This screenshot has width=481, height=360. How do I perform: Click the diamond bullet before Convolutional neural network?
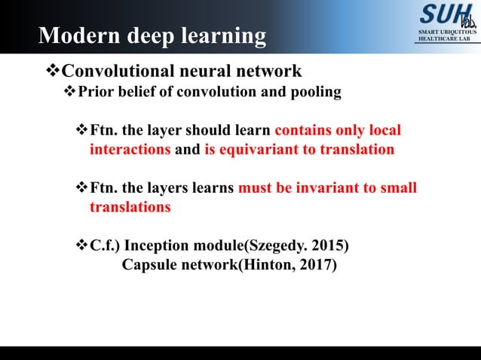tap(52, 72)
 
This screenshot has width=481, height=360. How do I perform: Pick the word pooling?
tap(316, 92)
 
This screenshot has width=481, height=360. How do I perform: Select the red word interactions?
tap(130, 149)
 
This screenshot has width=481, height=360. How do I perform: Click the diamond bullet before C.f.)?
tap(82, 246)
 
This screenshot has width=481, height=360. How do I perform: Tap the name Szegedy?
tap(276, 246)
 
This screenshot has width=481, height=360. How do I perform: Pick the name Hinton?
tap(266, 266)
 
